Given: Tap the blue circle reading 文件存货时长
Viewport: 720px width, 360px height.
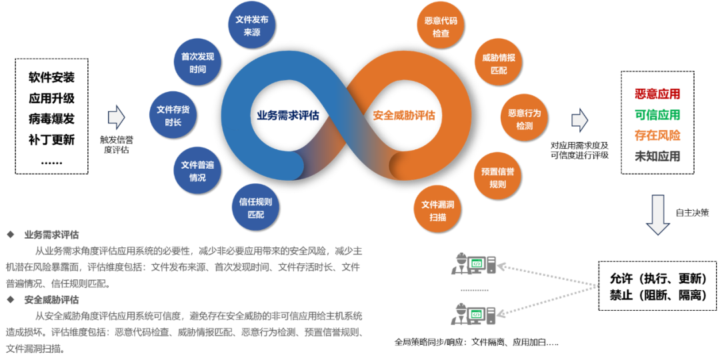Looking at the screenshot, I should (173, 115).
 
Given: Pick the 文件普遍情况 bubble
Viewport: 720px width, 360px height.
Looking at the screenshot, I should (197, 171).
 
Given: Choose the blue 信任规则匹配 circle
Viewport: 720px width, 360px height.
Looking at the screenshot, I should (255, 207).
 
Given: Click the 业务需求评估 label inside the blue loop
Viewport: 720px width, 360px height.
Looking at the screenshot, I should (289, 115).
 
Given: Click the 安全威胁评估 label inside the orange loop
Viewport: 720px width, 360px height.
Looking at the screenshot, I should (404, 115).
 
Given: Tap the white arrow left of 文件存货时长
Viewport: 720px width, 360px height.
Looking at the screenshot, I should (116, 117).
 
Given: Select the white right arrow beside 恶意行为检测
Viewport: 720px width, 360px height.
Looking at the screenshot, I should (579, 120).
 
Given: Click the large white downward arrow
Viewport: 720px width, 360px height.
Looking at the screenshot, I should (658, 215).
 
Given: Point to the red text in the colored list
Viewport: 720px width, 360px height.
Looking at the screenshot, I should (657, 94).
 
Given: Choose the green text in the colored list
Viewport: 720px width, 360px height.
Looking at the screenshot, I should (657, 115).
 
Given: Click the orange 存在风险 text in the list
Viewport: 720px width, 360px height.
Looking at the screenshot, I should (657, 135).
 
